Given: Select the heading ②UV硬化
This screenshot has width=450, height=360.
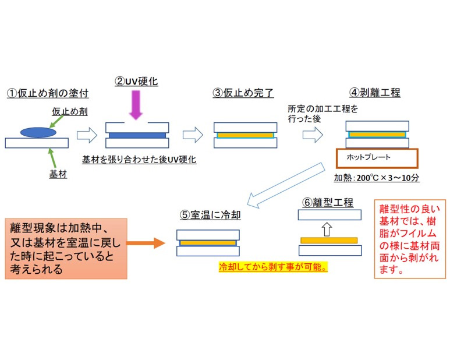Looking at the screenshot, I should [x=136, y=82].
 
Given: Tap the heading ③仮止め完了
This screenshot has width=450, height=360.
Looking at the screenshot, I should [x=243, y=93].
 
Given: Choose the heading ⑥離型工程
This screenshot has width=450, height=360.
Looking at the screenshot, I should [x=328, y=202].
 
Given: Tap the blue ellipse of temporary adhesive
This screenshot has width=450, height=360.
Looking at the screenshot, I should [x=38, y=132].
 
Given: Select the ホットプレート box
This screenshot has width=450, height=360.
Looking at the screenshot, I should [x=377, y=158].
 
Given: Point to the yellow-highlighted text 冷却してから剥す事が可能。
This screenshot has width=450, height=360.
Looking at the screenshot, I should [x=273, y=267].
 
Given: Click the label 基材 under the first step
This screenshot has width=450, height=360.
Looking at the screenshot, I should [x=58, y=174].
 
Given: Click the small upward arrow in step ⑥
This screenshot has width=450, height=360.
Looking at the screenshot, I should [x=327, y=228].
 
